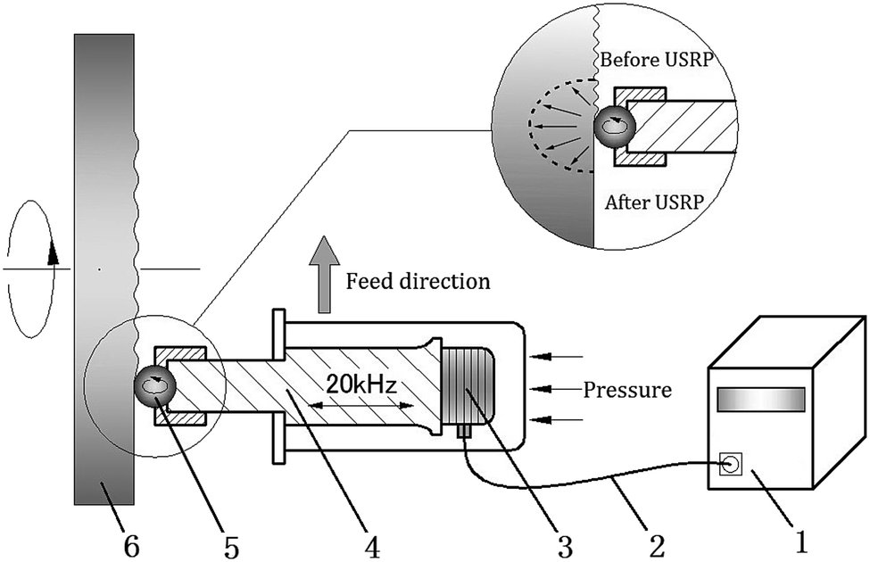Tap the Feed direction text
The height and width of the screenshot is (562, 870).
point(418,281)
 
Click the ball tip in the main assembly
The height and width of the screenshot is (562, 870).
point(155,384)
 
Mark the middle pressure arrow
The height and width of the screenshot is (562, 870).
point(552,389)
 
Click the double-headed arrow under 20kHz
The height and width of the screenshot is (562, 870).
point(360,405)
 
